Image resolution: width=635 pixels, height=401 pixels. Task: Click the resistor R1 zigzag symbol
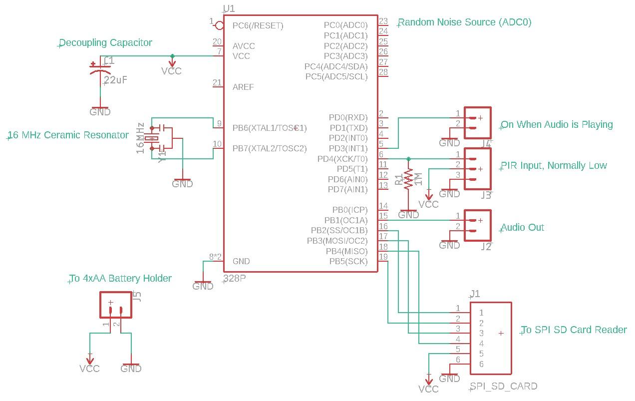pos(408,179)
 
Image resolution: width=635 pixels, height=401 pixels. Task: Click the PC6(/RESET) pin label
pos(258,25)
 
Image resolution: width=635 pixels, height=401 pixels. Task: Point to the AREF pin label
pos(243,87)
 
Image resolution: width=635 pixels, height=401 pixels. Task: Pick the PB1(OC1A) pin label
pos(345,220)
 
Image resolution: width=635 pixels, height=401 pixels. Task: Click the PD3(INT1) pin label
pos(348,148)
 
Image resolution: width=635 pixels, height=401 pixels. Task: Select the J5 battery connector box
pos(116,305)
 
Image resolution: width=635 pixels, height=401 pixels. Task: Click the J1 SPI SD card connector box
pos(491,338)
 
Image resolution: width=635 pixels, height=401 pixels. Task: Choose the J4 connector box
pos(478,123)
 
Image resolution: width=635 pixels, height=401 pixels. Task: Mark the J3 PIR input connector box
pos(478,169)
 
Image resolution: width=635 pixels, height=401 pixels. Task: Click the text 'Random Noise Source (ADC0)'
pos(465,22)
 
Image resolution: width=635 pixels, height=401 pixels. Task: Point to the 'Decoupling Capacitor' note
pos(105,43)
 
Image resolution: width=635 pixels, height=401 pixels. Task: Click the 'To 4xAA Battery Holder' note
pos(120,278)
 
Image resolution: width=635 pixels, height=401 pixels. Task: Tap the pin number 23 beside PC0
pos(383,21)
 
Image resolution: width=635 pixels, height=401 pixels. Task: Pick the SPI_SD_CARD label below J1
pos(504,386)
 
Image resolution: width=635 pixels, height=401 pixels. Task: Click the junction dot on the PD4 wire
pos(408,159)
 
